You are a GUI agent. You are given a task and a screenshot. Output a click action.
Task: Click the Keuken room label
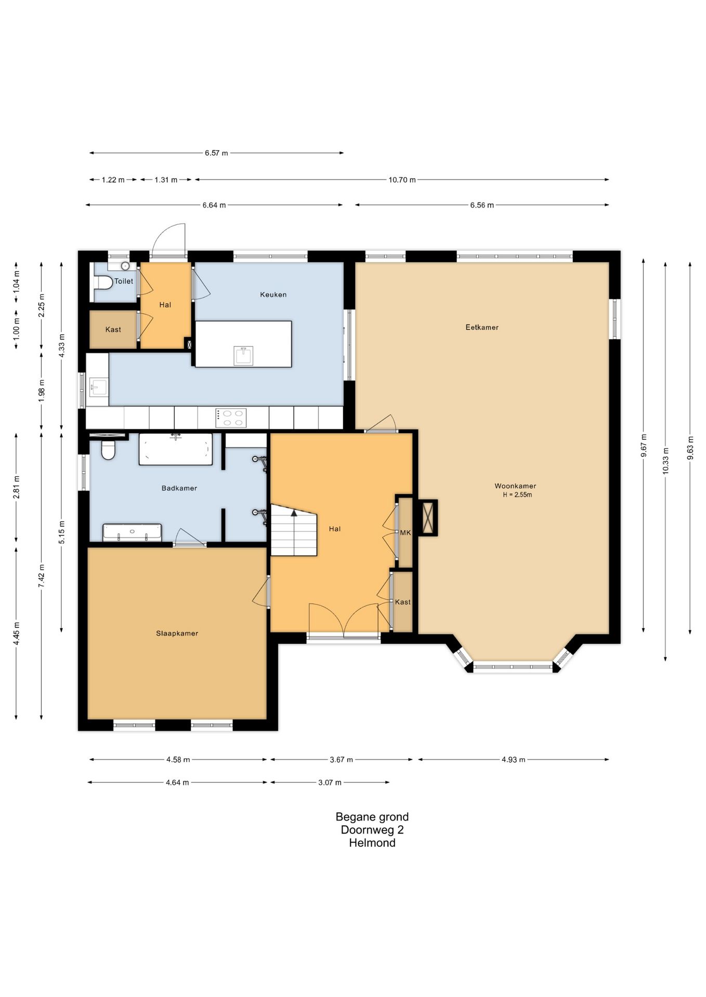pyautogui.click(x=273, y=294)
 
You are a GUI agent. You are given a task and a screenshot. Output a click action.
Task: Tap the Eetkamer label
pyautogui.click(x=482, y=327)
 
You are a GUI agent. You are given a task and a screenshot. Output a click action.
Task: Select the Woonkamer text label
pyautogui.click(x=515, y=486)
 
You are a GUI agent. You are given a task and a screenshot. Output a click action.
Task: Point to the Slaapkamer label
pyautogui.click(x=177, y=634)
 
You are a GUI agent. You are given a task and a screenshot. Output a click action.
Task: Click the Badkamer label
pyautogui.click(x=179, y=488)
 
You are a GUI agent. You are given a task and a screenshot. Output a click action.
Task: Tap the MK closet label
pyautogui.click(x=406, y=533)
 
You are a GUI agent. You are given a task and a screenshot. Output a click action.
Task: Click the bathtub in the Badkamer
pyautogui.click(x=176, y=449)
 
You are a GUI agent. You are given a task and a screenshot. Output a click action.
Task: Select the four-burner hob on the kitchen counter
pyautogui.click(x=231, y=418)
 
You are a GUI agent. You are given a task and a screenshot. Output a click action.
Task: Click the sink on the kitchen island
pyautogui.click(x=244, y=356)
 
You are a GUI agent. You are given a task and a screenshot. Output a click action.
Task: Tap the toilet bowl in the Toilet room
pyautogui.click(x=104, y=282)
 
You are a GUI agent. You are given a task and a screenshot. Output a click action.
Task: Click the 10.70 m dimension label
pyautogui.click(x=402, y=180)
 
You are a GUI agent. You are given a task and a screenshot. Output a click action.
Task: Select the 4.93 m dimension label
pyautogui.click(x=514, y=760)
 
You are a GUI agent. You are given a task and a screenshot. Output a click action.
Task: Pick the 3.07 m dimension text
pyautogui.click(x=330, y=783)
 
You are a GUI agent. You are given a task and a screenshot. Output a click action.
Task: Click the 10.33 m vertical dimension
pyautogui.click(x=666, y=461)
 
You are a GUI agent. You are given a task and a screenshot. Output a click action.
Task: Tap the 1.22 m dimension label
pyautogui.click(x=113, y=180)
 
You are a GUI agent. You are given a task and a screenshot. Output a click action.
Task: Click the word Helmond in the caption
pyautogui.click(x=372, y=843)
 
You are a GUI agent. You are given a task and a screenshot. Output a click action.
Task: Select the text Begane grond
pyautogui.click(x=372, y=817)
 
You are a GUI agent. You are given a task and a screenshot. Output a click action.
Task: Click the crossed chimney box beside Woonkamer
pyautogui.click(x=428, y=518)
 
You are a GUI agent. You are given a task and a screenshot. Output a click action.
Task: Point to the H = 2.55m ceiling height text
pyautogui.click(x=517, y=495)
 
